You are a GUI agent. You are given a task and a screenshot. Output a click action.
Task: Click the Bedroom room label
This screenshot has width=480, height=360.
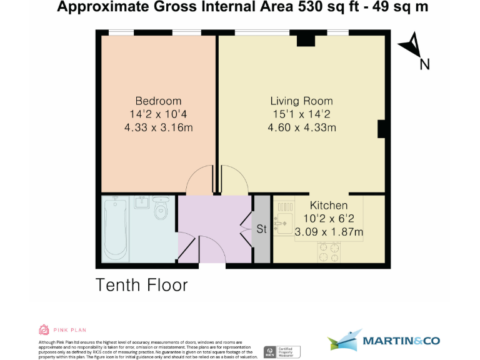coord(158,101)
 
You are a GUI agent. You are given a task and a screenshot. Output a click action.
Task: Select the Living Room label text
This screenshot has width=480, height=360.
coord(301,101)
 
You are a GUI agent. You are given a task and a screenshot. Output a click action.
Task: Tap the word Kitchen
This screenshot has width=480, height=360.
coord(329,206)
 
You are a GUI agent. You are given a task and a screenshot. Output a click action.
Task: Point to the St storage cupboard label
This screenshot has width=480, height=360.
coord(262,229)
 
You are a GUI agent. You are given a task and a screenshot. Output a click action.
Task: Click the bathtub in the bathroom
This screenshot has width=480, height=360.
coord(116,229)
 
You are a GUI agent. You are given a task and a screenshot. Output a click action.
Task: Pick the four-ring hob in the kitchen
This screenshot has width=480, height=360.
coord(329,251)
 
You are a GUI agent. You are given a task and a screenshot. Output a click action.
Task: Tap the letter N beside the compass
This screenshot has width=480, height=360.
coord(424,64)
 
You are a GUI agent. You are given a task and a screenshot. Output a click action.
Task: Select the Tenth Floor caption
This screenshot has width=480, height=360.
coord(141,285)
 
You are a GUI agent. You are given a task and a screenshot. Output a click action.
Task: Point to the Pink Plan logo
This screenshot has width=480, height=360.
coord(62,329)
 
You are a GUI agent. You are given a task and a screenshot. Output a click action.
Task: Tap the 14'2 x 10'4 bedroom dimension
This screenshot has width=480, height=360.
coord(158,114)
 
